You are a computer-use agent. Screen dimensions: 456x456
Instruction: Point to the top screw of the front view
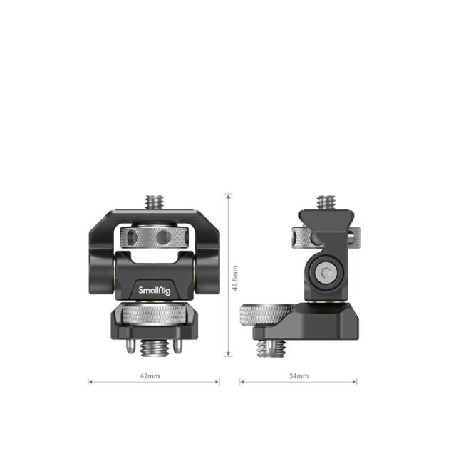pos(154,202)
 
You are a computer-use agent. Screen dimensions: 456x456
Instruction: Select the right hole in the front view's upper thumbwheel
pos(164,236)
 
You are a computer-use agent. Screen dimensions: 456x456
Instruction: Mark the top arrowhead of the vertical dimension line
pos(228,195)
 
